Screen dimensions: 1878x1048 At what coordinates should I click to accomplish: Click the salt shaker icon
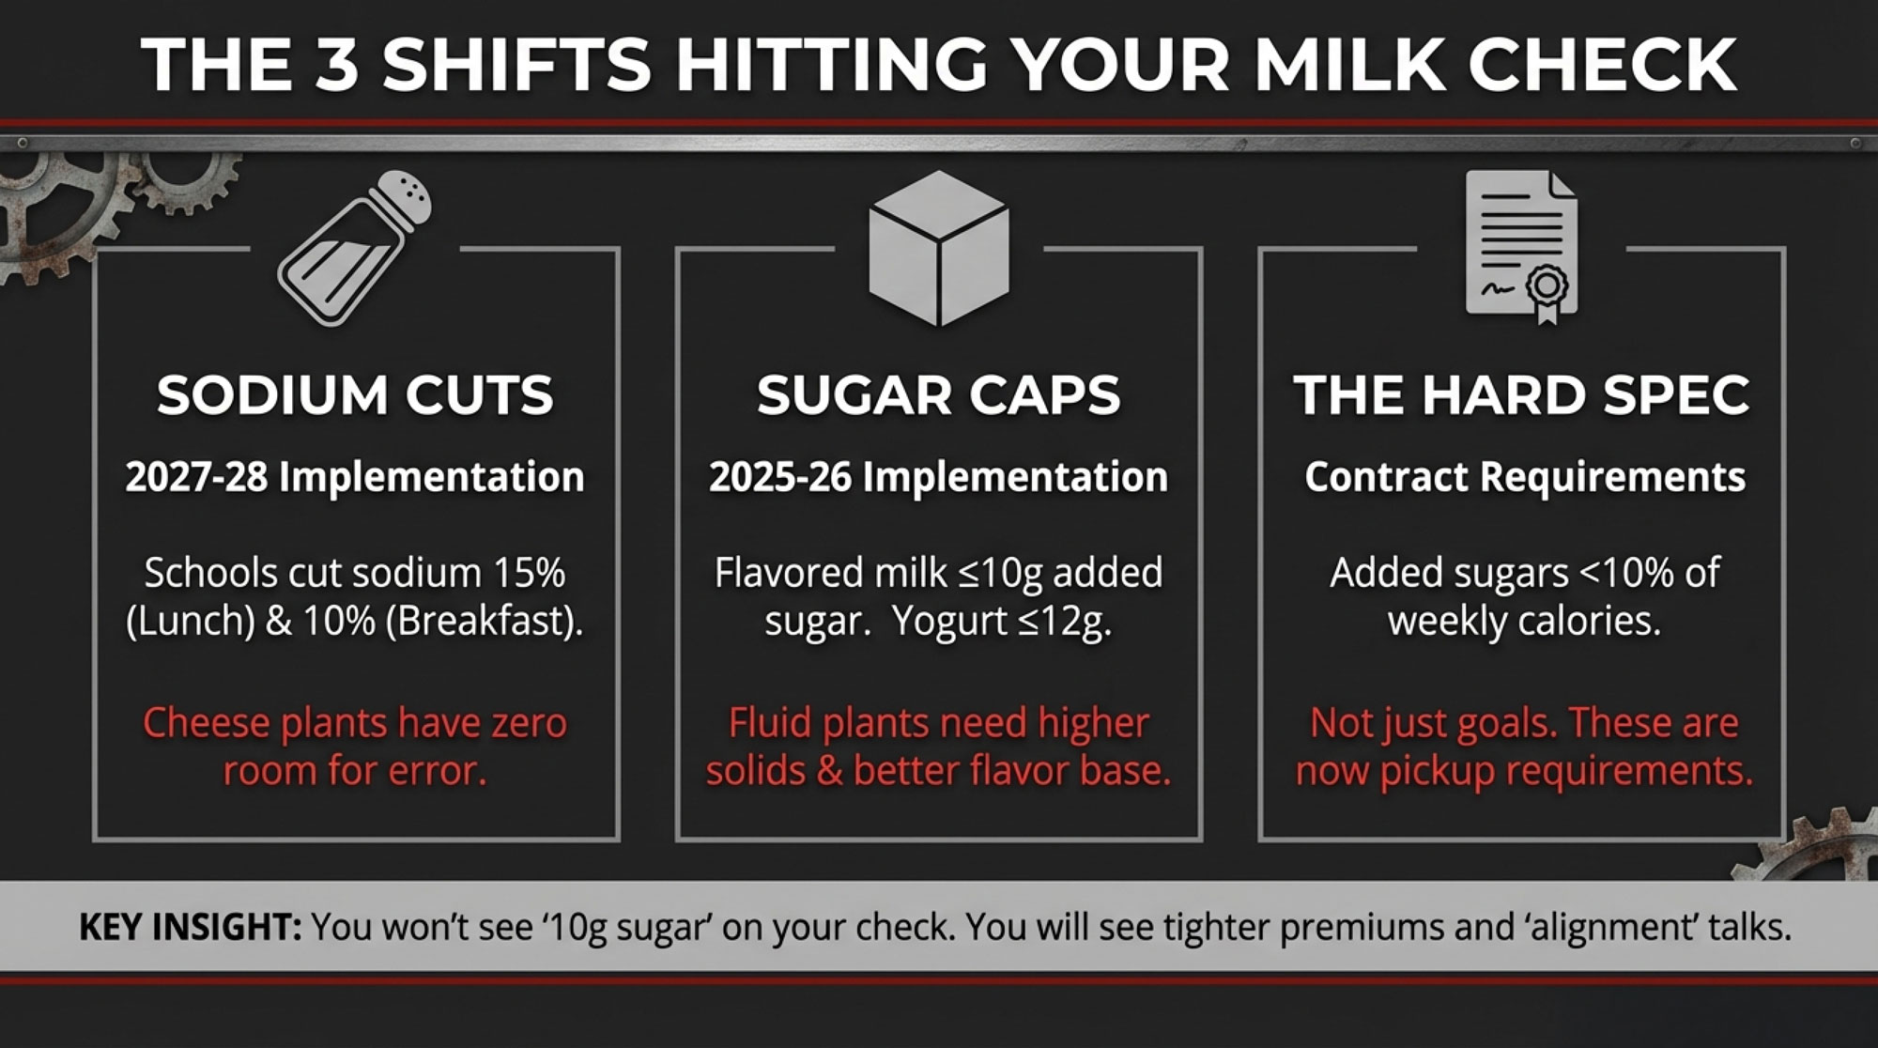click(x=355, y=248)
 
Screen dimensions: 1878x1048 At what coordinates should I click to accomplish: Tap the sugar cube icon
click(x=939, y=248)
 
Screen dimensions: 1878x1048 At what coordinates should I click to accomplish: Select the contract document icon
click(x=1521, y=247)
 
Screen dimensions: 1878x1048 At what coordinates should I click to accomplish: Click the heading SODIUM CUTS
click(x=355, y=395)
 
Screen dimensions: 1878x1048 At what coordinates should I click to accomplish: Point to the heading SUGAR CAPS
click(x=939, y=395)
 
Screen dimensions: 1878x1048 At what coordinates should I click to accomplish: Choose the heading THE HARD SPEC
click(x=1521, y=395)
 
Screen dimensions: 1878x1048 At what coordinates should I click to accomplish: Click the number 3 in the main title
click(x=336, y=65)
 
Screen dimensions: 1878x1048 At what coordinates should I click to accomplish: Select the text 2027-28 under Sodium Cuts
click(x=196, y=477)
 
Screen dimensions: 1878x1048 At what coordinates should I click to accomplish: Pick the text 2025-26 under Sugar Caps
click(x=780, y=477)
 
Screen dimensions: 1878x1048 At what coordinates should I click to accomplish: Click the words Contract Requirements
click(x=1525, y=477)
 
